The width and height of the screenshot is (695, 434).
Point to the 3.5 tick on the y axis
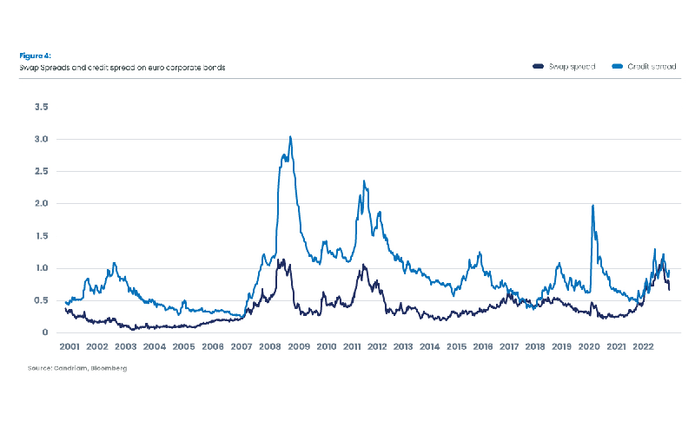pos(41,107)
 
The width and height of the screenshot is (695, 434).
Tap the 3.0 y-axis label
pos(41,139)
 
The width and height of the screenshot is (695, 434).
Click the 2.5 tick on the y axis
pos(41,171)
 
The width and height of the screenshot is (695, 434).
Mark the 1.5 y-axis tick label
pos(41,236)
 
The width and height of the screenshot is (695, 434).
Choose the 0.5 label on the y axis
pos(41,300)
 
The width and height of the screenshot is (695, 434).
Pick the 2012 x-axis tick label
pos(377,347)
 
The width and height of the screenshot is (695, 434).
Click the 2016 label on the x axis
pos(483,347)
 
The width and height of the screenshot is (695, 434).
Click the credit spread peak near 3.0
pos(290,136)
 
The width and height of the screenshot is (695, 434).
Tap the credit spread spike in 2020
pos(592,206)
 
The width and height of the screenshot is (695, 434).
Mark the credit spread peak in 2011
pos(364,181)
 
